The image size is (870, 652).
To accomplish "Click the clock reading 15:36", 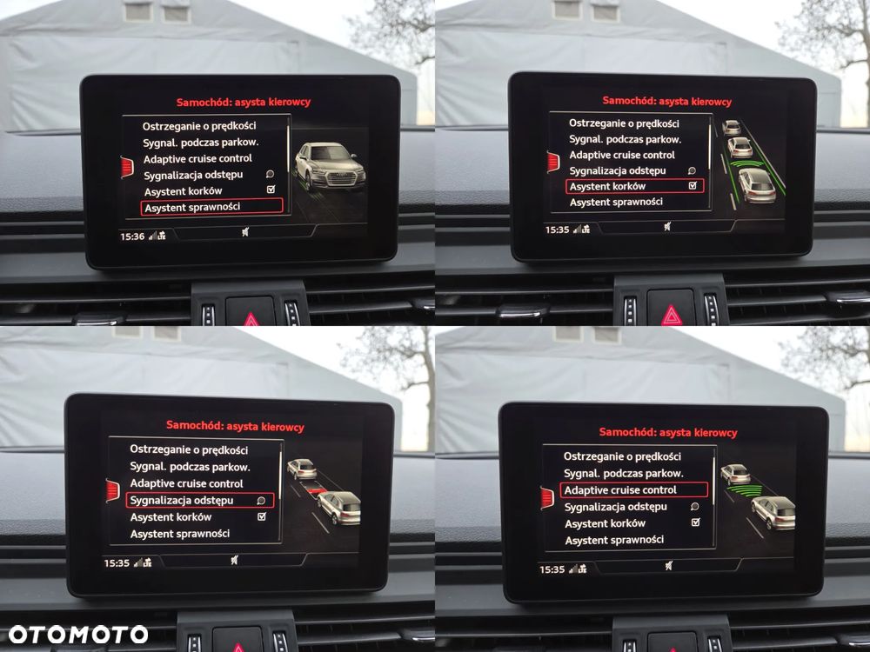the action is [x=132, y=236].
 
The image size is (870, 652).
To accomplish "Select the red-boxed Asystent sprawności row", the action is [x=212, y=206].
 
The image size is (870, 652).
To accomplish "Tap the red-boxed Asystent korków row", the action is [x=635, y=186].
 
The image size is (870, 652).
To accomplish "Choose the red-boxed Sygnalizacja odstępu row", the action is [x=200, y=500].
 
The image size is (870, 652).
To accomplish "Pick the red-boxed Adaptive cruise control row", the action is [x=634, y=490].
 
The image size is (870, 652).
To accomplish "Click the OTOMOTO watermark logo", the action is [x=78, y=635].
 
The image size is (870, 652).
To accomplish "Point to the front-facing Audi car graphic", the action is [x=330, y=166].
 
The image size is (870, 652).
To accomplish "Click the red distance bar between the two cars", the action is [x=317, y=490].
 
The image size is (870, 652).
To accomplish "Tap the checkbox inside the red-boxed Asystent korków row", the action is [x=693, y=186].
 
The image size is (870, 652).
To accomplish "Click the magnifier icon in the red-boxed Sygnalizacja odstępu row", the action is [x=261, y=501].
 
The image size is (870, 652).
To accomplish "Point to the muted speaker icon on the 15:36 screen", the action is [x=245, y=232].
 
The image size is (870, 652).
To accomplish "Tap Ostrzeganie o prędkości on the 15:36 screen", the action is [x=199, y=126].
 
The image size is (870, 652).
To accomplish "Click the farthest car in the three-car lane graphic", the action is [x=732, y=128].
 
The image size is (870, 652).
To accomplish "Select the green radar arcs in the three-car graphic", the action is [x=746, y=163].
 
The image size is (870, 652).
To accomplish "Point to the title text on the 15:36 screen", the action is [x=243, y=102].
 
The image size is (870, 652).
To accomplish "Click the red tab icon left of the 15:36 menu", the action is [x=127, y=167].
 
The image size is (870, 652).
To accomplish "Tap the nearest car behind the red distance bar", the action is [x=339, y=508].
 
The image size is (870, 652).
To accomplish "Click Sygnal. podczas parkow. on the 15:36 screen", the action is [x=200, y=143].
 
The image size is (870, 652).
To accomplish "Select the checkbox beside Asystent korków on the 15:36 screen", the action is [x=271, y=190].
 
